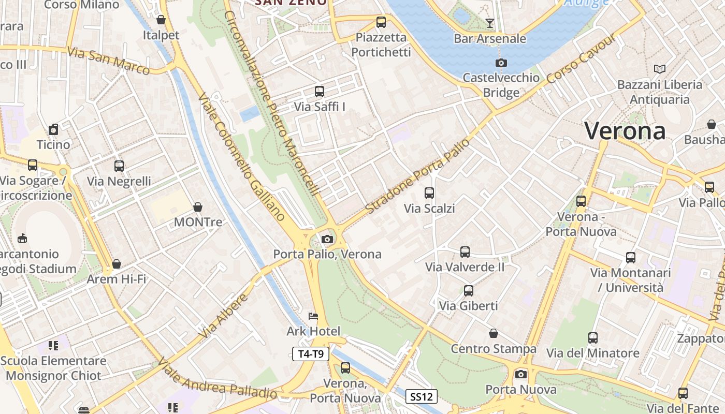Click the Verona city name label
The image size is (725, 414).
(625, 130)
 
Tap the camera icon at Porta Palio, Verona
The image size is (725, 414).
(327, 239)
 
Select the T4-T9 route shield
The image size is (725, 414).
(311, 354)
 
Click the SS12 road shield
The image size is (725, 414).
(421, 397)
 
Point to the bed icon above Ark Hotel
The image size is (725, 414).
(313, 316)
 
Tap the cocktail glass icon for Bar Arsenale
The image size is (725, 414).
(489, 23)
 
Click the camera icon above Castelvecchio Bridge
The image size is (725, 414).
(501, 63)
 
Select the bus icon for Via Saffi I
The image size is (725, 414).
(320, 92)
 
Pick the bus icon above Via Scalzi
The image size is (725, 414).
(429, 193)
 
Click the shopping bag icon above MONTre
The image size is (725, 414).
(198, 207)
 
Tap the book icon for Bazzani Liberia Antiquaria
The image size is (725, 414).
(659, 69)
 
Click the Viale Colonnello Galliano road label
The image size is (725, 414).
(241, 158)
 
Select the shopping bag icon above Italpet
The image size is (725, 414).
(161, 20)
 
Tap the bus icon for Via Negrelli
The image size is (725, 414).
(119, 166)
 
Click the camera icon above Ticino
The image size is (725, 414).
(53, 129)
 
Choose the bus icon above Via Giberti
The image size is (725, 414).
(468, 290)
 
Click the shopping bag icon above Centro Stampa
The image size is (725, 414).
(494, 333)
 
